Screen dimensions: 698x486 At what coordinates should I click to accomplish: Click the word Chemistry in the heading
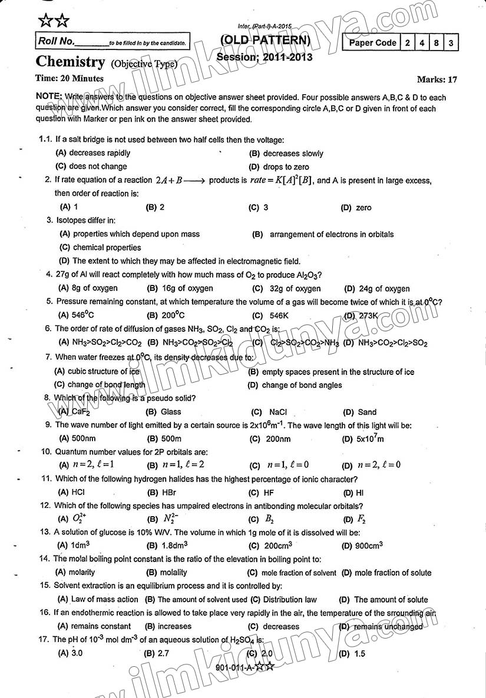(70, 61)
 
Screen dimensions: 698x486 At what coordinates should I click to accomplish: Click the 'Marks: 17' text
(437, 79)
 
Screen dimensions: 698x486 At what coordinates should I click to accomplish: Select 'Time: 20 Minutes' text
(70, 78)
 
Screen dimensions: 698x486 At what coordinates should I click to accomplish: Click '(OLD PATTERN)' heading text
(265, 40)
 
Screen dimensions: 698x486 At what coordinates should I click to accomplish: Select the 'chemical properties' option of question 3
(107, 248)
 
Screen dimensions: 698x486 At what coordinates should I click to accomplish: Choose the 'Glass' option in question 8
(171, 412)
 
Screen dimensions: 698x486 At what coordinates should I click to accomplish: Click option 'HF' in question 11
(269, 493)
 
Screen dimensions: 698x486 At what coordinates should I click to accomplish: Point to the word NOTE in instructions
(48, 97)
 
